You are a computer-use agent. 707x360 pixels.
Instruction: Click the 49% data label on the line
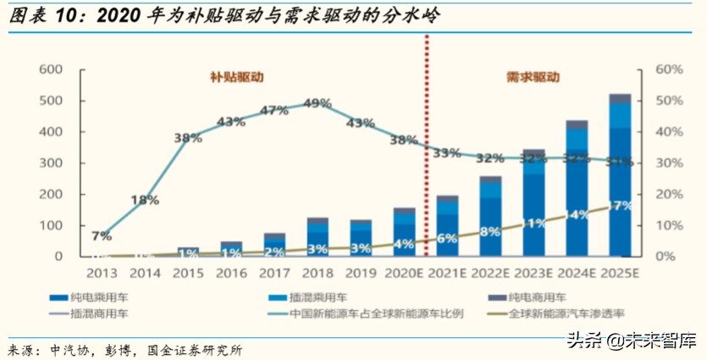(x=318, y=104)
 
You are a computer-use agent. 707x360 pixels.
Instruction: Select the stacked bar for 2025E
(x=621, y=178)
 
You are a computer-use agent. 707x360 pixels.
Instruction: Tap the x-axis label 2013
(x=101, y=273)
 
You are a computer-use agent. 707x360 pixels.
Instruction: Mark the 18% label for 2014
(x=145, y=201)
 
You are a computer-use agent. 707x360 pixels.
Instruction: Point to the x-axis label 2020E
(x=404, y=273)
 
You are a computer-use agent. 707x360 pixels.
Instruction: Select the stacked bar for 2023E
(x=533, y=203)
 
